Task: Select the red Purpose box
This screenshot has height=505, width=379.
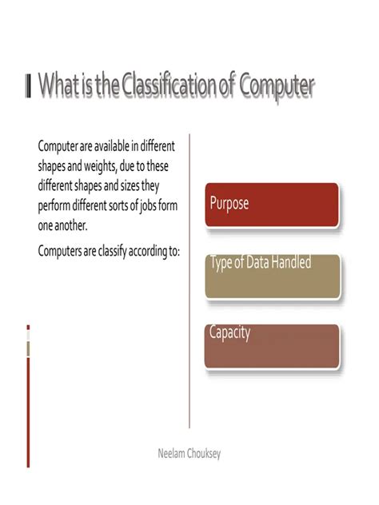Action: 272,205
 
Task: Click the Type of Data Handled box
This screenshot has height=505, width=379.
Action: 272,276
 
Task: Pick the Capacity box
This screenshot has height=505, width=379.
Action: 272,346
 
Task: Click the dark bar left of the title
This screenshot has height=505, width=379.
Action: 29,85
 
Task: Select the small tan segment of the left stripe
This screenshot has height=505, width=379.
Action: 28,349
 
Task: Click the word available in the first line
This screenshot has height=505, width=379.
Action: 117,148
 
